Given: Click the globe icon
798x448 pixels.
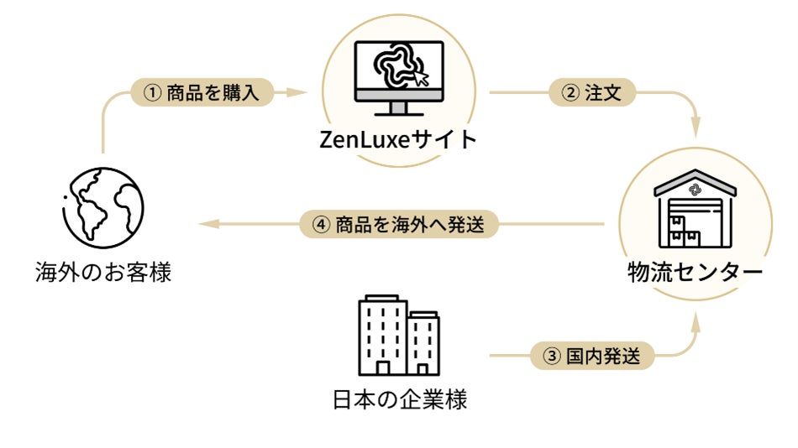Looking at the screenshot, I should pos(102,207).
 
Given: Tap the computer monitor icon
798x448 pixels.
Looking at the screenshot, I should pos(399,76).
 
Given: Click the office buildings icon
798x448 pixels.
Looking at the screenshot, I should pos(398,336).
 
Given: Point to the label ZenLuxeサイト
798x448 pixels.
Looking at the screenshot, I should pos(398,138).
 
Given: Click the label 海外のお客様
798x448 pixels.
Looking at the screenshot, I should pos(103,272).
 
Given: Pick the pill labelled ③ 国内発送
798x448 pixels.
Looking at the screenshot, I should pos(592,356).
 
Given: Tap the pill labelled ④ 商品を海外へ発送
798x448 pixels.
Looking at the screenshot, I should pos(400,225).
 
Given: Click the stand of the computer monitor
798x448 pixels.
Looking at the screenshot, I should pos(399,108).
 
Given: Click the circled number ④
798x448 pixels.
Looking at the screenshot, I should pos(318,225).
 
